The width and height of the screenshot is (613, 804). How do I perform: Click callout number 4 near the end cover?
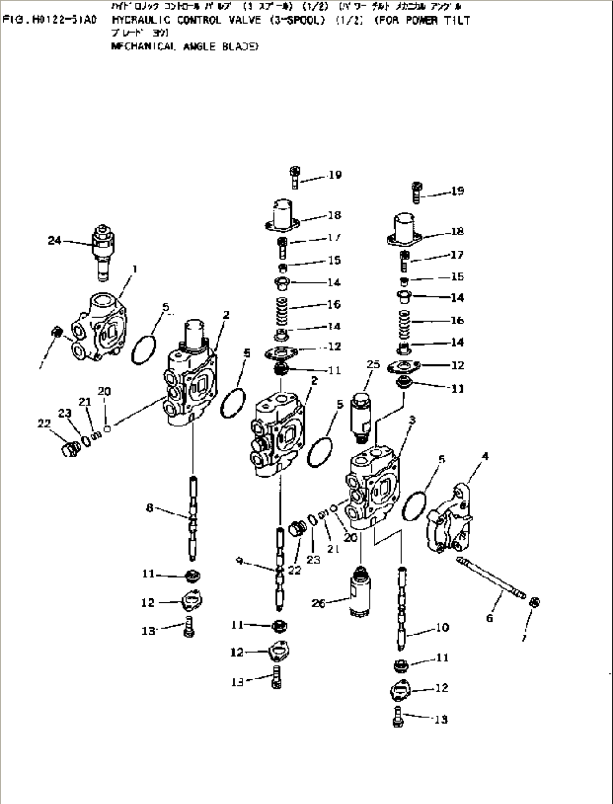(x=485, y=457)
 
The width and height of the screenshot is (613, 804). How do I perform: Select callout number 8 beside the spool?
(x=150, y=508)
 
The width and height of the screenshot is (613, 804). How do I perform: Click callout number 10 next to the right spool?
(x=443, y=627)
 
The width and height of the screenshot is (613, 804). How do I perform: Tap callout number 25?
(x=374, y=365)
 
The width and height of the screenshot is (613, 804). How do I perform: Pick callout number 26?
(x=318, y=603)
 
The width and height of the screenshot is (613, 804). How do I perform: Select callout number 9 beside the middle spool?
(x=240, y=560)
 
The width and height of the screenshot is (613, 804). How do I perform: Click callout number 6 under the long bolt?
(x=490, y=618)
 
